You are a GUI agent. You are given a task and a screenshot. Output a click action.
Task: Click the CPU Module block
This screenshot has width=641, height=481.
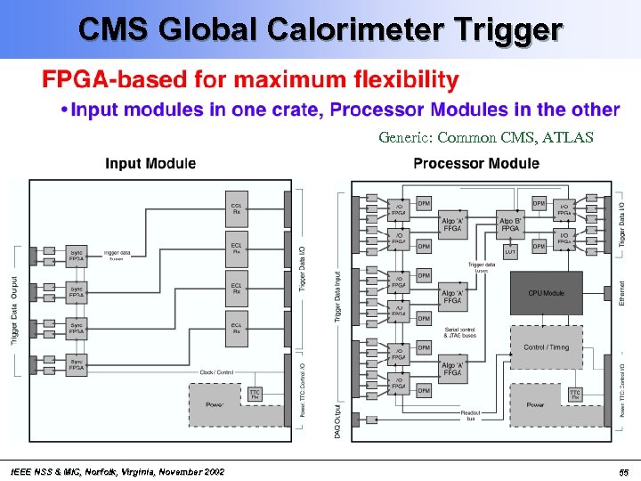tap(546, 292)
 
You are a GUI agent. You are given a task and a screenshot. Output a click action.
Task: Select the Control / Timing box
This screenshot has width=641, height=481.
tap(546, 346)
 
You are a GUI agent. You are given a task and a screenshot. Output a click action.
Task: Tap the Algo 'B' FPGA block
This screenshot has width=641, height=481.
tap(510, 224)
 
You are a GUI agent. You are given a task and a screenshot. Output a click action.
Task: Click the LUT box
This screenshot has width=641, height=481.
tap(510, 252)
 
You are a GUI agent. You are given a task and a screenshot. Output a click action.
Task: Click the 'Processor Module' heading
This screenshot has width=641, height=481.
tap(475, 164)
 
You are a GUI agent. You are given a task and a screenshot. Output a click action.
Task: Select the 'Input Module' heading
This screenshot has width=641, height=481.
tap(150, 164)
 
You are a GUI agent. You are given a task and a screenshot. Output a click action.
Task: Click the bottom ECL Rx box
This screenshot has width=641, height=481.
tap(237, 329)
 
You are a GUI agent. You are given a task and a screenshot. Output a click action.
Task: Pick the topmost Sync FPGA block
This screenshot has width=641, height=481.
tap(78, 255)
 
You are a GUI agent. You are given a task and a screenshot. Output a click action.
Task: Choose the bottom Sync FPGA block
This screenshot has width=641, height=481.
tap(78, 363)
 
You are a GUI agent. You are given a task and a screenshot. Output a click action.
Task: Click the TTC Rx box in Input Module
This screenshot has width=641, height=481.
tap(255, 394)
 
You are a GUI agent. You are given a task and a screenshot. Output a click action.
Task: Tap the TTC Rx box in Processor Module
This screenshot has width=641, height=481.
tap(575, 394)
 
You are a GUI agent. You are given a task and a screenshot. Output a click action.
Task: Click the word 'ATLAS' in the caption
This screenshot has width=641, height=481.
tap(569, 138)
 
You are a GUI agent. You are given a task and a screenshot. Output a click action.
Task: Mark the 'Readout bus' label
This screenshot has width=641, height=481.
tap(472, 414)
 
